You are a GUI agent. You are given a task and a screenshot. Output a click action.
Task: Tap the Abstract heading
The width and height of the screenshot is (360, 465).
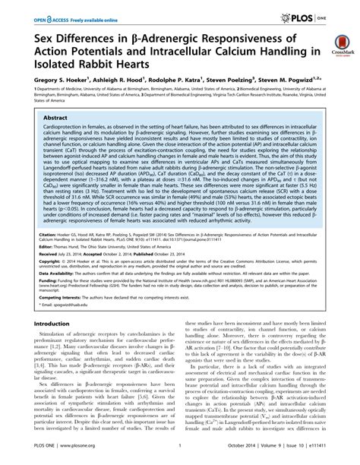56,119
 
